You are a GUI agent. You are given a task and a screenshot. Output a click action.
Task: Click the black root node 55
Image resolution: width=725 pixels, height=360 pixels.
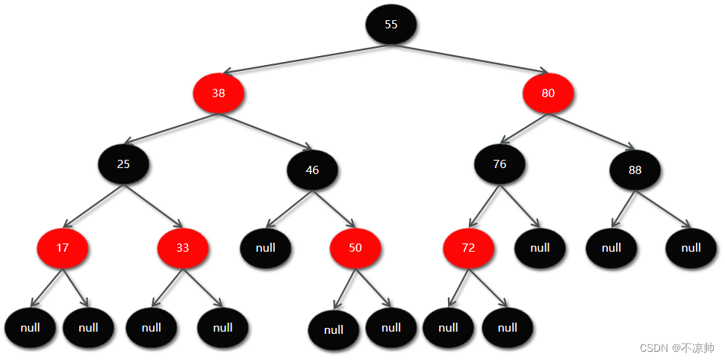(390, 24)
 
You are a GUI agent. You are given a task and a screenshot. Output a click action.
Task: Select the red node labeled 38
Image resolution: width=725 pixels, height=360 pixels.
(218, 93)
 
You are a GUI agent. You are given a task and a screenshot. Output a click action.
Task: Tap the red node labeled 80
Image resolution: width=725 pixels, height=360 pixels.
(548, 93)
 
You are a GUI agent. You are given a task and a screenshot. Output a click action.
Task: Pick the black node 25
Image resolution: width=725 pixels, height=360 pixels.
(123, 164)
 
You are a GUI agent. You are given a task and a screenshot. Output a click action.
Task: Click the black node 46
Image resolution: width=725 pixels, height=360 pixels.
(312, 170)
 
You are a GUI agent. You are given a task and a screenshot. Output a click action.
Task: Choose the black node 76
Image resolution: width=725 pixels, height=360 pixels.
(500, 164)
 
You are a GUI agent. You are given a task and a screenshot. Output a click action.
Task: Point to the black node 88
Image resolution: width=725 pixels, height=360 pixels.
(635, 170)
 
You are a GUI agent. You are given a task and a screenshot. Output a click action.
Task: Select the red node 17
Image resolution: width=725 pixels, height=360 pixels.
(63, 247)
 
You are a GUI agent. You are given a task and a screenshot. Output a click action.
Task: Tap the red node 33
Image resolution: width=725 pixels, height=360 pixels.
(182, 247)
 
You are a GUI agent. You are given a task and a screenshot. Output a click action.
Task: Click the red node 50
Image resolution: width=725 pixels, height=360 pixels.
(355, 247)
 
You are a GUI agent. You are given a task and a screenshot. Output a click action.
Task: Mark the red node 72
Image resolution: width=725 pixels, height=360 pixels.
(468, 247)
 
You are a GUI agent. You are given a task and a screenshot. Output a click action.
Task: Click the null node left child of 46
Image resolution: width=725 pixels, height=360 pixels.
(265, 247)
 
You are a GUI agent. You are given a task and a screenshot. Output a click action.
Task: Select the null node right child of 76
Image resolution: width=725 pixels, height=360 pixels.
(540, 247)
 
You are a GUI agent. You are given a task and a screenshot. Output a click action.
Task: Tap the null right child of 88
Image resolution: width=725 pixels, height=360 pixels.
(691, 247)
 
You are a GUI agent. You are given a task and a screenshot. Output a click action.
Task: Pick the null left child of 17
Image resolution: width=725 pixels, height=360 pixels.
(30, 327)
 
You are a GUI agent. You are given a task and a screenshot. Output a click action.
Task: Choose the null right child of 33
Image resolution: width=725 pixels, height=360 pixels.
(223, 327)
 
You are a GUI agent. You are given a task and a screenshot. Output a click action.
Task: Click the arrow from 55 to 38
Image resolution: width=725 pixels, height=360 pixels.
(306, 59)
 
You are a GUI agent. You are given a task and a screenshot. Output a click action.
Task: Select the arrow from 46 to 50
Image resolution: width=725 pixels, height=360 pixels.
(334, 208)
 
